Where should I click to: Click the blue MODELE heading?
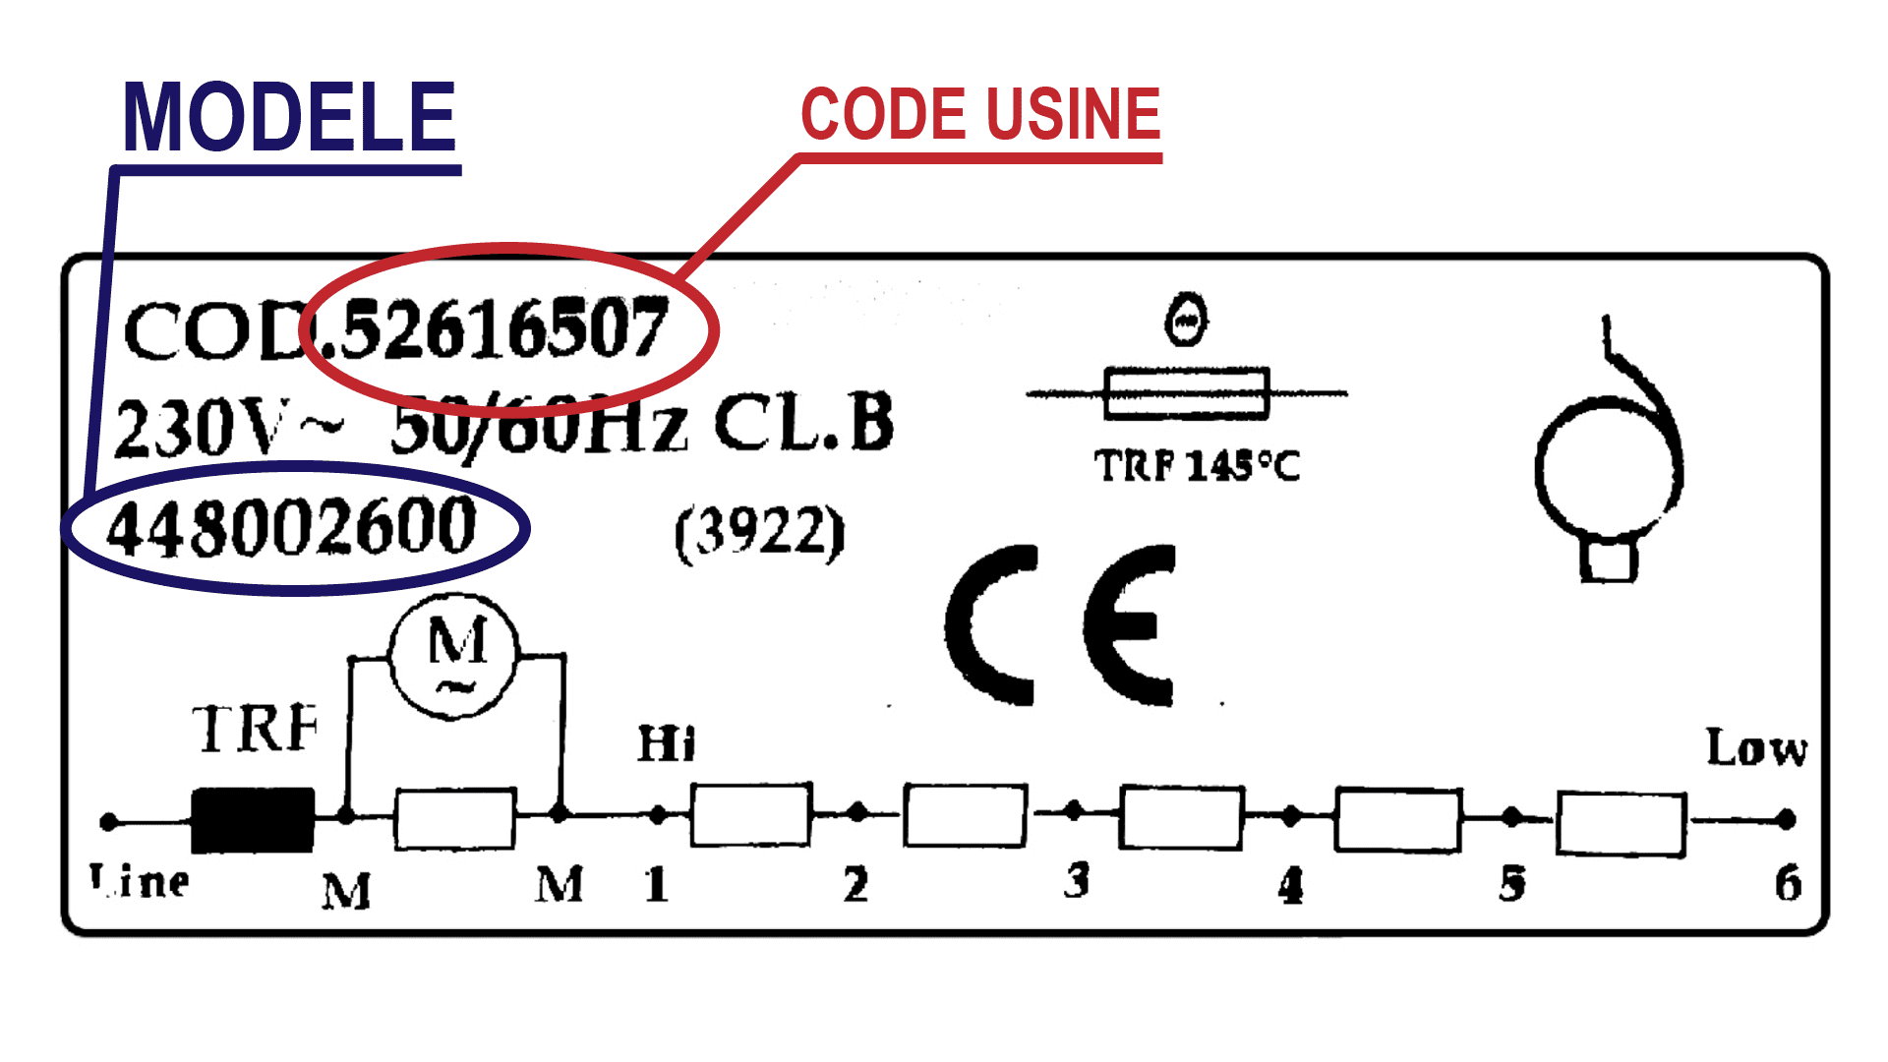click(289, 118)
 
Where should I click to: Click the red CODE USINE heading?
click(980, 114)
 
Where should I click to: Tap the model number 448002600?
click(292, 528)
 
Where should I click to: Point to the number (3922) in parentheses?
click(759, 533)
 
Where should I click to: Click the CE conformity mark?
click(1060, 625)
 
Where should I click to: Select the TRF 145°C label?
click(1197, 465)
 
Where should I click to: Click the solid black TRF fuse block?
click(253, 820)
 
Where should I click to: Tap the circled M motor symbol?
click(453, 655)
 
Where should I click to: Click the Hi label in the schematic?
click(666, 744)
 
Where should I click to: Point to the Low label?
click(1756, 749)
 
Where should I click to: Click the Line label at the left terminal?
click(140, 881)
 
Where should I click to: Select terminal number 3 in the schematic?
click(1077, 880)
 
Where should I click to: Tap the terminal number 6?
click(1788, 883)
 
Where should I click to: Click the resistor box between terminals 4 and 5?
click(1397, 819)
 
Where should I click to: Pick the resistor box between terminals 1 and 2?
click(751, 814)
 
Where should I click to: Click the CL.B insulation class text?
click(803, 424)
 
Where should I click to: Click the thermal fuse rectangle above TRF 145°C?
click(1187, 393)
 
